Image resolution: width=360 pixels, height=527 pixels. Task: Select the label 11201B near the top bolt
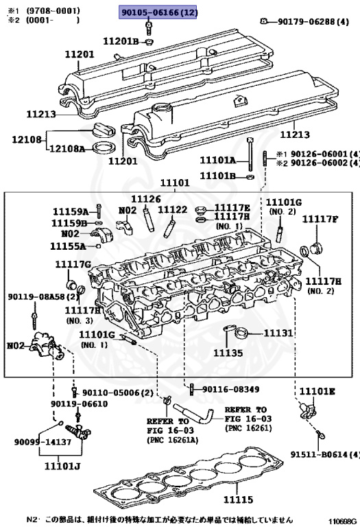coord(121,42)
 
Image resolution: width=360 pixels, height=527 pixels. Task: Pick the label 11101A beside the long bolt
coord(217,161)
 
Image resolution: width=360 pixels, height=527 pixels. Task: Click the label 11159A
coord(71,211)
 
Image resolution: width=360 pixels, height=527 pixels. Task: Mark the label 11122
coord(173,210)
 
